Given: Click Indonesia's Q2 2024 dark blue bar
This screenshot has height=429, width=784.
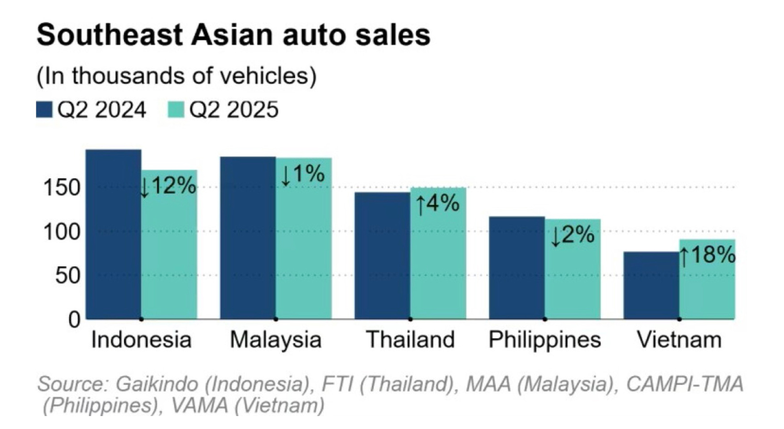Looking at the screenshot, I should click(113, 235).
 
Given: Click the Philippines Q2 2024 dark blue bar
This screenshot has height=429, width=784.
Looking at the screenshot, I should click(516, 268).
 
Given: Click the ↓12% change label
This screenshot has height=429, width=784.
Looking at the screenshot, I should click(168, 186).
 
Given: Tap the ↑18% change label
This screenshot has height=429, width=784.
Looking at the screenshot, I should click(707, 255).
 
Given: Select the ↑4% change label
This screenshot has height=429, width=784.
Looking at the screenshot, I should click(437, 204).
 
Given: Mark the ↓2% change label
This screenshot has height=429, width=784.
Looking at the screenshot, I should click(572, 235).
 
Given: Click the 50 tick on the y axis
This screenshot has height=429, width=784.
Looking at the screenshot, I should click(68, 276).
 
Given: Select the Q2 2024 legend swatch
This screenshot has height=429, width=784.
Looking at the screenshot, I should click(44, 110).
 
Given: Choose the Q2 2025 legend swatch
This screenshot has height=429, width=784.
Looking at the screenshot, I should click(176, 110).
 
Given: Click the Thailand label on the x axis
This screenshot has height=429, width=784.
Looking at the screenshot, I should click(410, 340).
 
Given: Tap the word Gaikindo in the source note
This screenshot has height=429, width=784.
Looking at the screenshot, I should click(157, 384).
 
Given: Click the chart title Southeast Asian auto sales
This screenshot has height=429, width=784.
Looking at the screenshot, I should click(234, 35).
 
